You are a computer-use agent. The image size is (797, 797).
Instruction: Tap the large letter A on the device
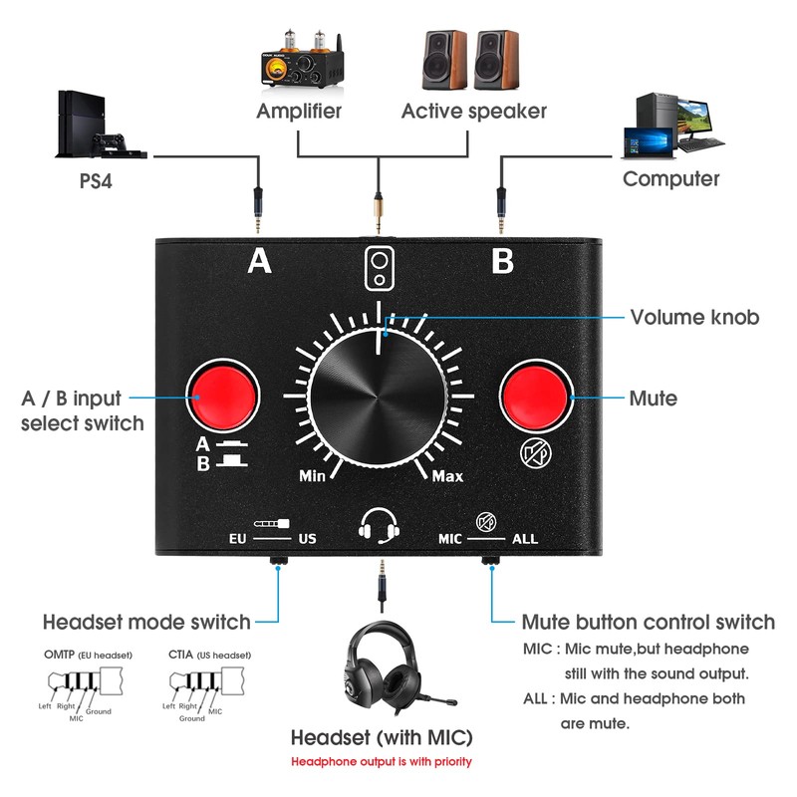[259, 261]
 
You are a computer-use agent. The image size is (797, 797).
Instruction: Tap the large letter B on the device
[502, 261]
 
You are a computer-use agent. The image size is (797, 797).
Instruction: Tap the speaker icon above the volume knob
[379, 266]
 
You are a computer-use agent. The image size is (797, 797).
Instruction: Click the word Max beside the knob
[447, 475]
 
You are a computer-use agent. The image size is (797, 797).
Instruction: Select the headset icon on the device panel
[380, 525]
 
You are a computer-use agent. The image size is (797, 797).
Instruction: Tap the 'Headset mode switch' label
[145, 622]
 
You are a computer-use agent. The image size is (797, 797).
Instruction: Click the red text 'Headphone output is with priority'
[381, 762]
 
